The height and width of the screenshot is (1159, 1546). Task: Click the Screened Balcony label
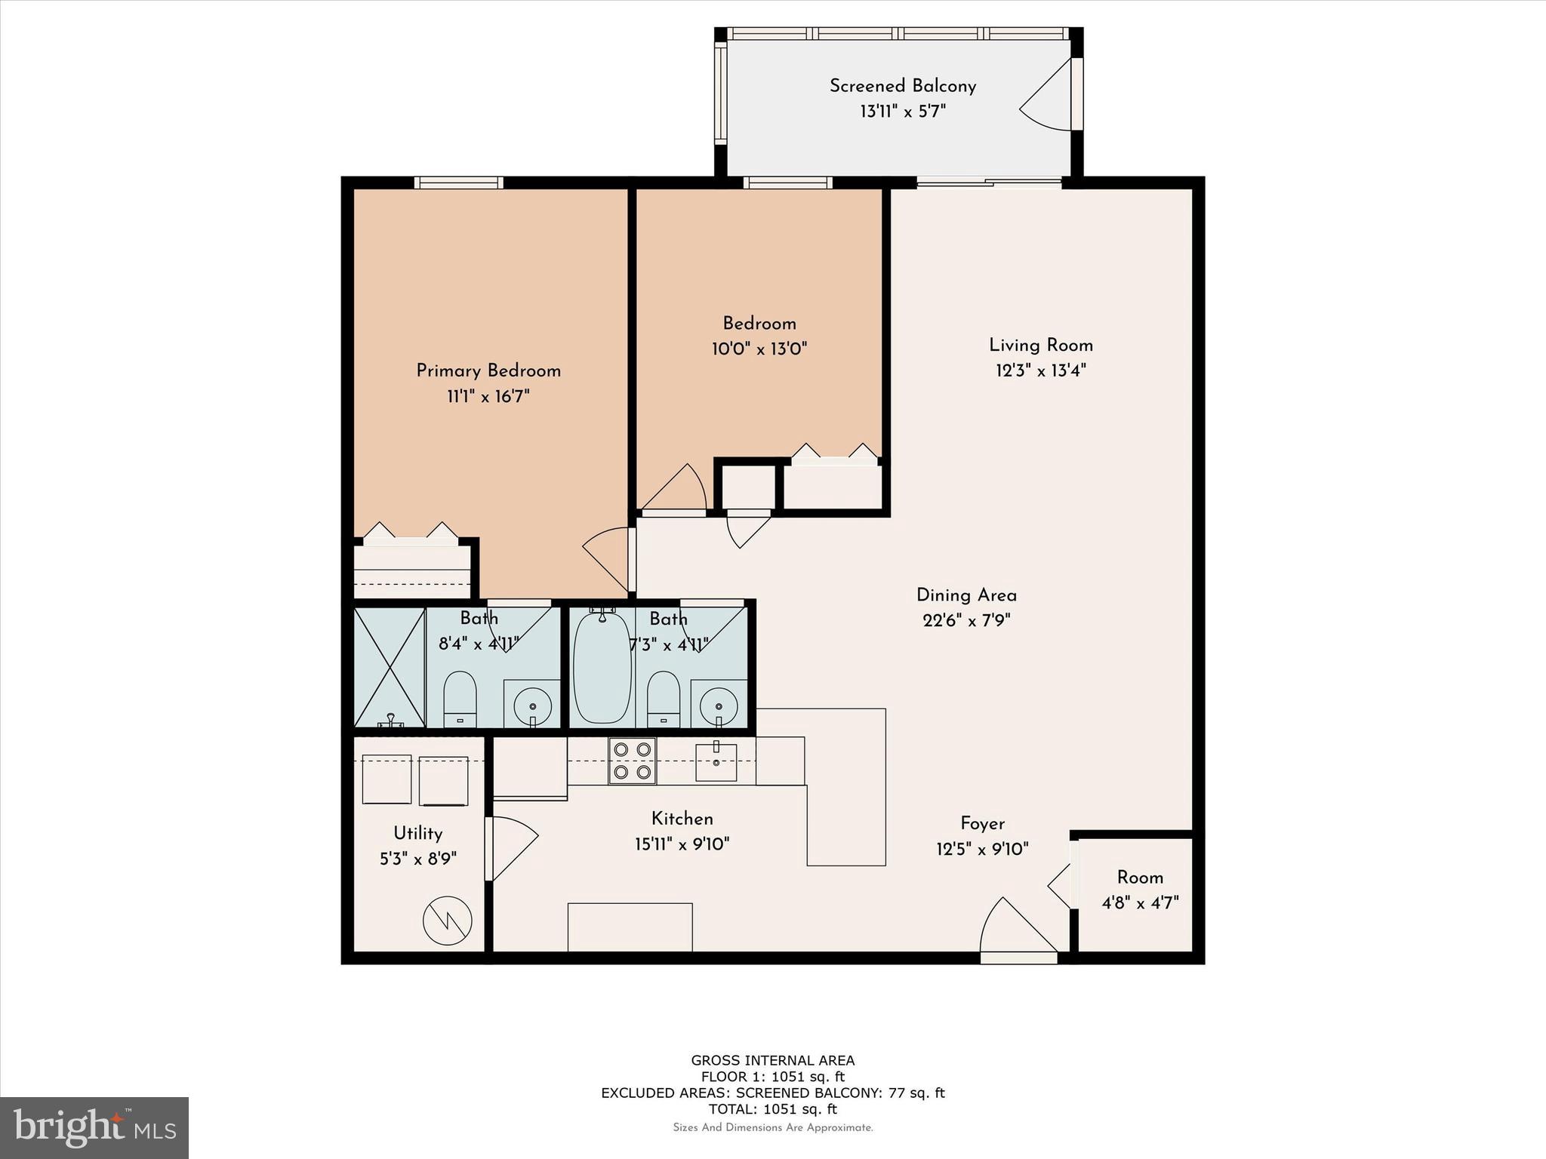pos(903,86)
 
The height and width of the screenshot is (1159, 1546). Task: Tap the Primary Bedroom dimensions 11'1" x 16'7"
pos(488,396)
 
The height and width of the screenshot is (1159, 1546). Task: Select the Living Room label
pos(1041,346)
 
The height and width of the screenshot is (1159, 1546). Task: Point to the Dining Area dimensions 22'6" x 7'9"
pos(966,620)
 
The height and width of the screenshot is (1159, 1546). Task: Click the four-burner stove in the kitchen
pos(633,761)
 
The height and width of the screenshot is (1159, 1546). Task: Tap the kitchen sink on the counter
pos(716,761)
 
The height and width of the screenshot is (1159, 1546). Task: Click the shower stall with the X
pos(390,667)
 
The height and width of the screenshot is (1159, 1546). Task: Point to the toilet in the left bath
pos(460,699)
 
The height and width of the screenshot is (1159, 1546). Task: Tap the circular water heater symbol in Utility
pos(448,921)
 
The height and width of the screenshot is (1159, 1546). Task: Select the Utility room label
pos(417,833)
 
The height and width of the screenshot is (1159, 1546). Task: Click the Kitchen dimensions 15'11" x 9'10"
pos(682,844)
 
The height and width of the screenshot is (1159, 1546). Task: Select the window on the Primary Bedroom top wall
pos(458,183)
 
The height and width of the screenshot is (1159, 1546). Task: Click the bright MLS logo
pos(94,1128)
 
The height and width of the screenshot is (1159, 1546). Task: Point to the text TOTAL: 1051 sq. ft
pos(773,1108)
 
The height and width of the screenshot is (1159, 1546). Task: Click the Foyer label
pos(982,823)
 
